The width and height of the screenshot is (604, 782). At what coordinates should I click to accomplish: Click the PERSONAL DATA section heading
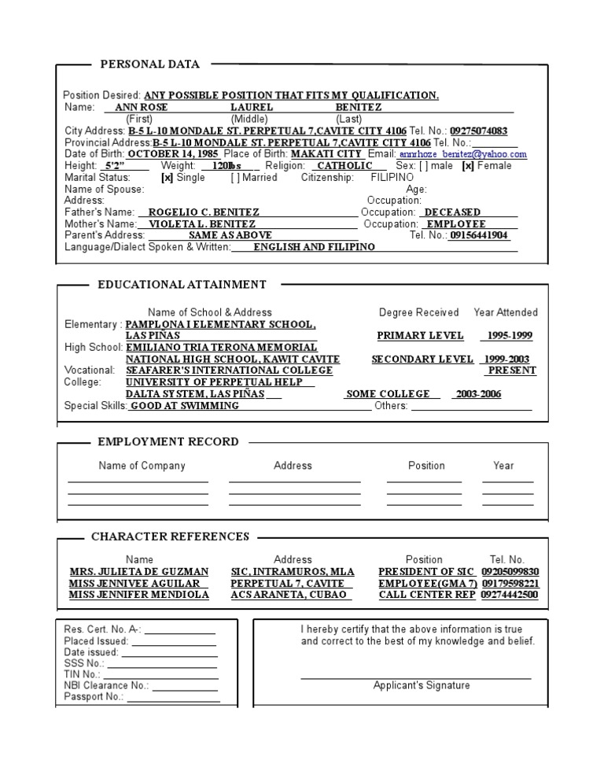tap(149, 65)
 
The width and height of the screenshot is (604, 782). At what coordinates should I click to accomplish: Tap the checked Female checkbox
tap(468, 166)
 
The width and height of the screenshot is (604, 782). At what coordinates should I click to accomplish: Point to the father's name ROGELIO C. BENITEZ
tap(204, 212)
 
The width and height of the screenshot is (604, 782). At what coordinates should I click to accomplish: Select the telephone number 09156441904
tap(479, 235)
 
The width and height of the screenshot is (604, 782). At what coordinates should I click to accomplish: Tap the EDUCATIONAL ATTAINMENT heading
tap(182, 285)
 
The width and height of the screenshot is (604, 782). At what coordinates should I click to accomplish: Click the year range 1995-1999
tap(509, 336)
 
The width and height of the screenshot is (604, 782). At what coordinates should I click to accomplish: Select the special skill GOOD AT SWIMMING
tap(185, 406)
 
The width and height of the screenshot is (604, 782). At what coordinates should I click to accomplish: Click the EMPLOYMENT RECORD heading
tap(168, 442)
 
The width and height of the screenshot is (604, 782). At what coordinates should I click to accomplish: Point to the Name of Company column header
tap(142, 466)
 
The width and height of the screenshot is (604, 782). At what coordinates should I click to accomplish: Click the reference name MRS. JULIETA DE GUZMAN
tap(139, 572)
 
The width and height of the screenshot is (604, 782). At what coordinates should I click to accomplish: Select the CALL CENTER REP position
tap(427, 596)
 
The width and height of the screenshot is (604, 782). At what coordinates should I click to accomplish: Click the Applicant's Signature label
tap(422, 685)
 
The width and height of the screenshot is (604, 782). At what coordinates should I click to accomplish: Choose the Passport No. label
tap(94, 696)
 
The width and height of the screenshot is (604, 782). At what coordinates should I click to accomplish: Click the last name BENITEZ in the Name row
tap(359, 107)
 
